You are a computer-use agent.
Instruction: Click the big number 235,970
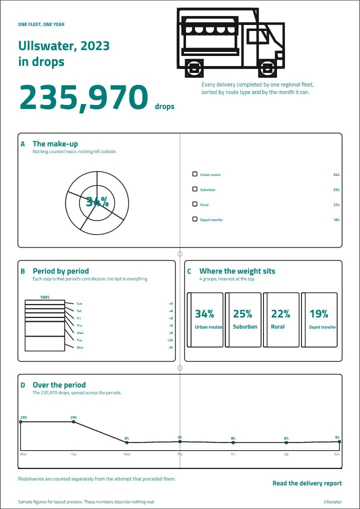click(84, 97)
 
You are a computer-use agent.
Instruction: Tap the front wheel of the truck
click(269, 68)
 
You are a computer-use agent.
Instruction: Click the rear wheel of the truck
click(194, 68)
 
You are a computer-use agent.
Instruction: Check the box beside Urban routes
click(195, 174)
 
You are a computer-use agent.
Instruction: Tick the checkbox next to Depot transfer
click(195, 219)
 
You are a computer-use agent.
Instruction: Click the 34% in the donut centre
click(97, 202)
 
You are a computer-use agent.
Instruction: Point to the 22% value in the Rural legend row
click(336, 205)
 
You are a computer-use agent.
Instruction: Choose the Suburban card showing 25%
click(243, 319)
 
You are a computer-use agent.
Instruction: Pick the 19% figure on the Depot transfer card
click(318, 314)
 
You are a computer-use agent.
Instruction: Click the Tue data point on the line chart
click(73, 421)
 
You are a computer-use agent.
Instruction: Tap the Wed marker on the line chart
click(126, 442)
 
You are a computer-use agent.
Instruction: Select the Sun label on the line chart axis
click(336, 454)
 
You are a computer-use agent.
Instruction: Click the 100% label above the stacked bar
click(45, 297)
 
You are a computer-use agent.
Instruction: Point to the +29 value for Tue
click(170, 340)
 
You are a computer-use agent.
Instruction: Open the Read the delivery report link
click(307, 483)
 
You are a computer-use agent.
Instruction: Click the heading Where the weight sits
click(237, 270)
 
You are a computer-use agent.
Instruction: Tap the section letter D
click(22, 385)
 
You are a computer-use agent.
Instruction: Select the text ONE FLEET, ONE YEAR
click(41, 24)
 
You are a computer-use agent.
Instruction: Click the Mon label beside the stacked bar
click(79, 347)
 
